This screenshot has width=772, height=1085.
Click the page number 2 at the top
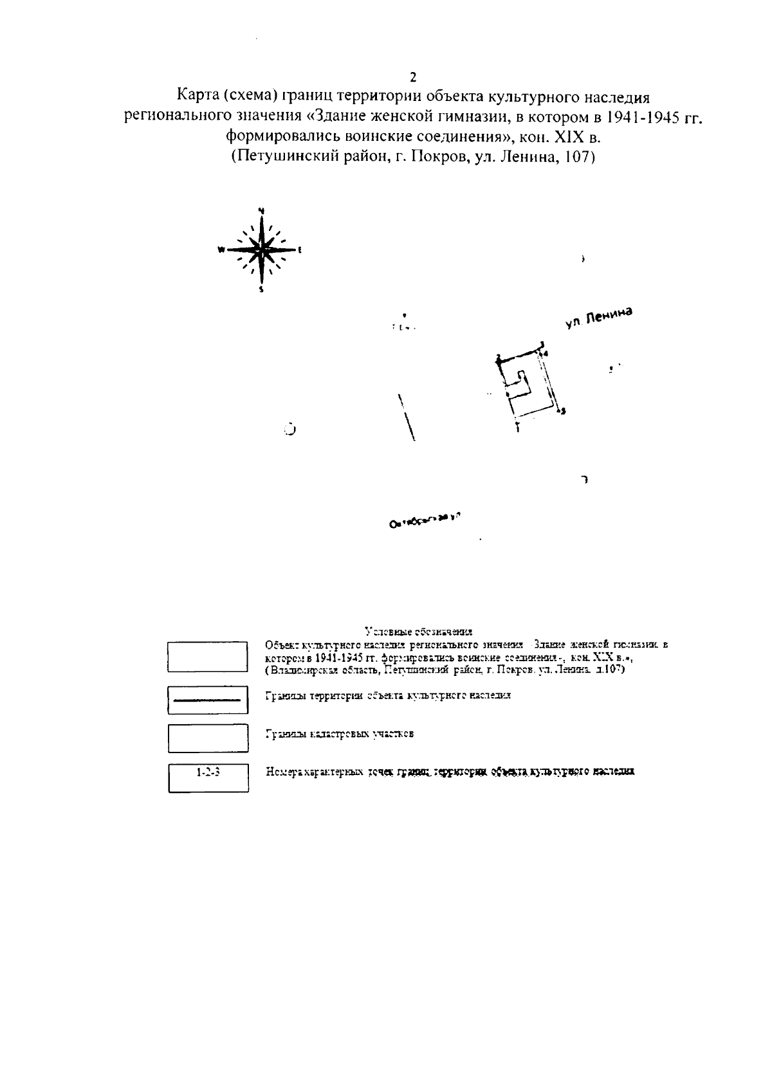coord(413,77)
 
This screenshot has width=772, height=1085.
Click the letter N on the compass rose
coord(261,210)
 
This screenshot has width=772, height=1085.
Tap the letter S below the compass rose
coord(261,290)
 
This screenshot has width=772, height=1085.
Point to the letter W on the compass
coord(221,250)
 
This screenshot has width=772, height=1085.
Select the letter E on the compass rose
coord(300,250)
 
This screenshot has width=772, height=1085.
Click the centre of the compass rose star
coord(261,250)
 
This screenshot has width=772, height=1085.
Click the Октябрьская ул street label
coord(427,520)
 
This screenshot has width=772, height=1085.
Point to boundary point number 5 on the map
coord(563,411)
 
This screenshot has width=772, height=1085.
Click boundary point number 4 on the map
coord(546,354)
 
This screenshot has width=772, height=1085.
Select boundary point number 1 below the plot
coord(517,427)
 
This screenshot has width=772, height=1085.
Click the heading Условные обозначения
coord(418,631)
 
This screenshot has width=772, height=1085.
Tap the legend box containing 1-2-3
coord(208,778)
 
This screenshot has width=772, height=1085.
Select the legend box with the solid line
coord(208,700)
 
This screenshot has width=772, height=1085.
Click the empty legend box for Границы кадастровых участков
coord(208,738)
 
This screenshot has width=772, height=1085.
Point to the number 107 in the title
coord(576,156)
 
